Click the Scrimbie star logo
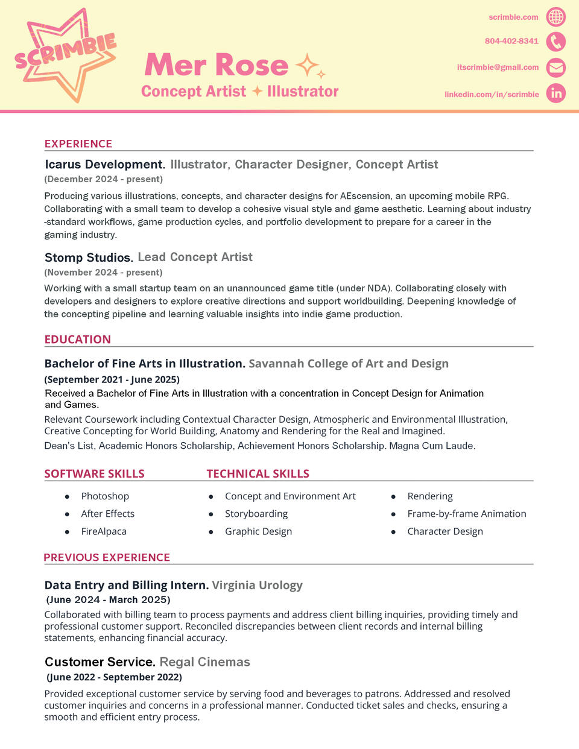[65, 54]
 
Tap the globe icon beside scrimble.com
[555, 17]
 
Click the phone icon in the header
[555, 42]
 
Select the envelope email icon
[555, 68]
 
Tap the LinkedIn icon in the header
[555, 93]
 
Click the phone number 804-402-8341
[511, 41]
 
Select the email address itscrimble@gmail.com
[498, 68]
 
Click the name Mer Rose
[217, 65]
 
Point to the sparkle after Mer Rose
[309, 66]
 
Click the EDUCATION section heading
[78, 340]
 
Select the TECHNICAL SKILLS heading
[258, 474]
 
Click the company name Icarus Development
[104, 165]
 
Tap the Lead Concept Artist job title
[195, 258]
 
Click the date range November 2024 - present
[103, 273]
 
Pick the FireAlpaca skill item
[104, 531]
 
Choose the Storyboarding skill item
[256, 514]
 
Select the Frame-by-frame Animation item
[466, 514]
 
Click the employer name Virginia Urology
[257, 585]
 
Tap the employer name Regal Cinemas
[204, 662]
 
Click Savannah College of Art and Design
[349, 364]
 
